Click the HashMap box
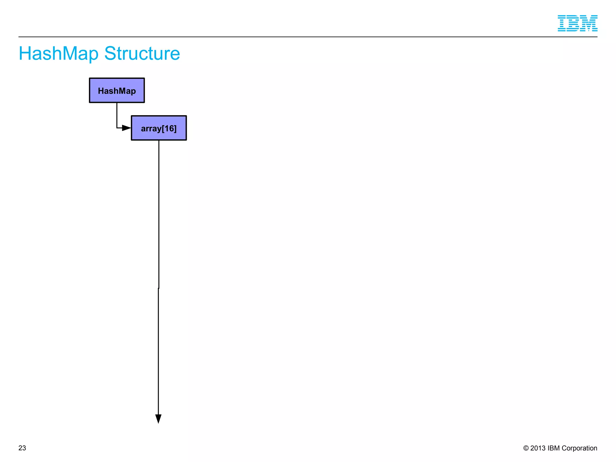[117, 90]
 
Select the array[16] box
[159, 128]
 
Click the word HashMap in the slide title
[58, 54]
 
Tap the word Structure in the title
[142, 54]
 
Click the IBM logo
[577, 23]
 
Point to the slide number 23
[22, 448]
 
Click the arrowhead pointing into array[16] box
[127, 128]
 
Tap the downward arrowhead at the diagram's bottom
[158, 419]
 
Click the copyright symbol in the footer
[526, 448]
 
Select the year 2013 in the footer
[538, 448]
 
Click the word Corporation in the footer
[579, 448]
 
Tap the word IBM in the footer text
[553, 448]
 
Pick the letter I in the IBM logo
[563, 23]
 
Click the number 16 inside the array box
[168, 128]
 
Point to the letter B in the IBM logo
[574, 23]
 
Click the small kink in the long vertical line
[159, 288]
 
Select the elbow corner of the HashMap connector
[117, 128]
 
